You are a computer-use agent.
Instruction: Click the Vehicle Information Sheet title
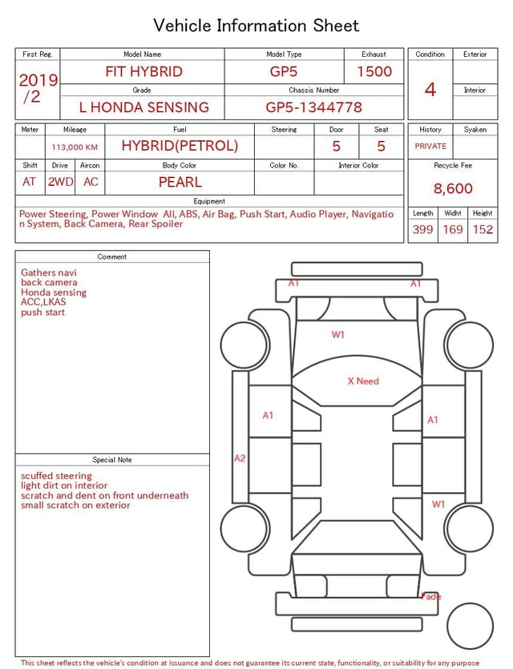[256, 26]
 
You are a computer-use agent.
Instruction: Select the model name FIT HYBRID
[143, 71]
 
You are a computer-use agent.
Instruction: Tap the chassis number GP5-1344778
[313, 107]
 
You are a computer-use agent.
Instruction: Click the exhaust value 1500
[374, 71]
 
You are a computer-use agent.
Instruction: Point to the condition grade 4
[430, 89]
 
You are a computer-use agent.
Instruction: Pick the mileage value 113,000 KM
[75, 147]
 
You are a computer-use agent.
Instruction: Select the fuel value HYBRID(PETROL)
[180, 146]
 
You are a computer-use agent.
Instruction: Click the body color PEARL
[180, 182]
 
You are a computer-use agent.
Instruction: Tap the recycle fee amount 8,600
[453, 189]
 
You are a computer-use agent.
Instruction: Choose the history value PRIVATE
[430, 147]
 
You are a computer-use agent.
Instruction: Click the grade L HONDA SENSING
[143, 107]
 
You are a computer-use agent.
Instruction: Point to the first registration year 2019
[38, 80]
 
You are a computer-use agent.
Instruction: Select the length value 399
[422, 230]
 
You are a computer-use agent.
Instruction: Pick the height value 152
[483, 230]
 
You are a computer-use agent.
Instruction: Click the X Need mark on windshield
[363, 381]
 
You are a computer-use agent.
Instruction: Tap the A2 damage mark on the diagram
[240, 458]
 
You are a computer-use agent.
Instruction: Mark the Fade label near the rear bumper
[431, 597]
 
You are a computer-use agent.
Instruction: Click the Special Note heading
[112, 460]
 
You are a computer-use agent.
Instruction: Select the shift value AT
[30, 182]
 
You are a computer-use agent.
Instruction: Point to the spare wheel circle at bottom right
[470, 626]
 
